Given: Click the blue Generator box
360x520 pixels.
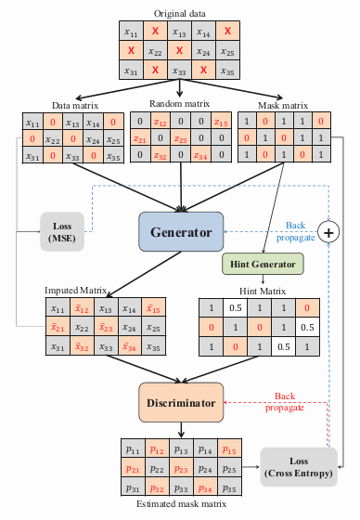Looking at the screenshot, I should point(181,232).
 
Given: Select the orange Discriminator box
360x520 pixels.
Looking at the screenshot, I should point(181,403).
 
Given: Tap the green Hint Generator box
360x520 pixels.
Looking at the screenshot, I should point(264,264).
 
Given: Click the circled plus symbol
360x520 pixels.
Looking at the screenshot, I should point(328,229).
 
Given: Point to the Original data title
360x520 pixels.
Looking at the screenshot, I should point(180,14).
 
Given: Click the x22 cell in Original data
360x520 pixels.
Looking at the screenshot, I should point(156,52).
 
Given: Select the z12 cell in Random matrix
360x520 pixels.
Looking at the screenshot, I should point(160,122).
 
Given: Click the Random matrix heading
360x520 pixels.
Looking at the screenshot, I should point(180,104).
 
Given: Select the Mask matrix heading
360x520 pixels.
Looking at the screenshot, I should point(281,104).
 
